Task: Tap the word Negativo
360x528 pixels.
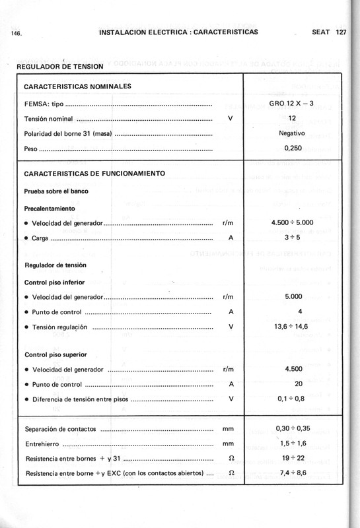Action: (291, 133)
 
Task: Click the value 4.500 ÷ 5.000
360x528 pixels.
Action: (292, 223)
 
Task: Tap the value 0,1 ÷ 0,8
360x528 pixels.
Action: (292, 399)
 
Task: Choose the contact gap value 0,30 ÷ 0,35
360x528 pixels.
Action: (292, 428)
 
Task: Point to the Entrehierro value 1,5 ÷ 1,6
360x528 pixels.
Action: (292, 444)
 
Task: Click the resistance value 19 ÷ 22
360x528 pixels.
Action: (292, 458)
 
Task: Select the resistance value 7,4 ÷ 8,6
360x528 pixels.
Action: (292, 473)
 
